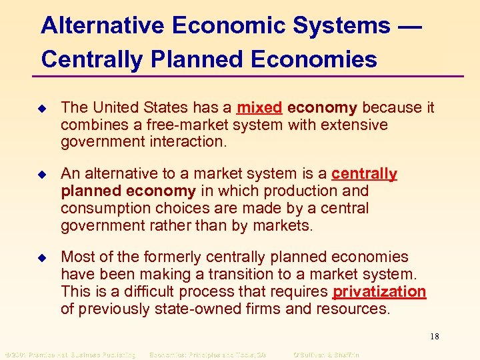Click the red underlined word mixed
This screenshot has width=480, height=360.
(x=260, y=107)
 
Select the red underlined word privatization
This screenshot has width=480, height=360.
(x=379, y=291)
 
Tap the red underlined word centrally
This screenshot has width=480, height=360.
(x=364, y=174)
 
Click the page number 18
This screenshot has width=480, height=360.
(x=433, y=336)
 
